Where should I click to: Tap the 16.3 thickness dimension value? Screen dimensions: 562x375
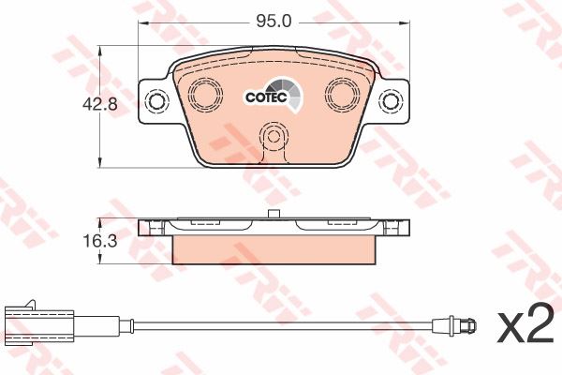pos(100,241)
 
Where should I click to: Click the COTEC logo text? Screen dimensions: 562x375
pos(266,97)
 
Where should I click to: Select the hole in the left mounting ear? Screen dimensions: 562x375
pos(156,101)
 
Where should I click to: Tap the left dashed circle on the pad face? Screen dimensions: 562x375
pos(205,94)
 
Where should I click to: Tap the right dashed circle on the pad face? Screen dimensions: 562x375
pos(343,93)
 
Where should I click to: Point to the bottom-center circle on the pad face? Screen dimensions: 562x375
pos(274,136)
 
